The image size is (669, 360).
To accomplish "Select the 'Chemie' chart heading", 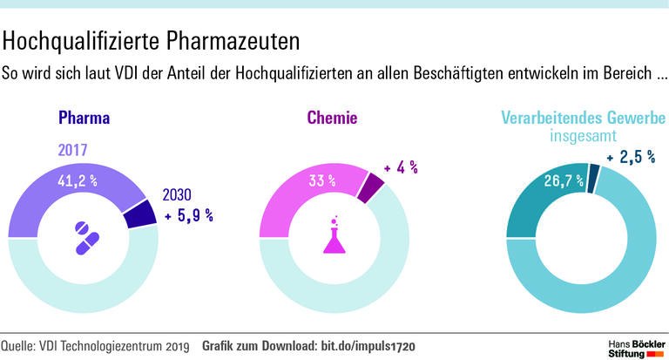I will point(332,118).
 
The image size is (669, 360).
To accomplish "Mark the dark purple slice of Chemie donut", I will point(372,186).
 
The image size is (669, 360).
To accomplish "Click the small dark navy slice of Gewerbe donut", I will point(593,180).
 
